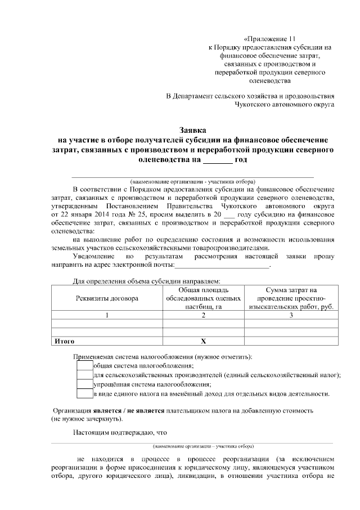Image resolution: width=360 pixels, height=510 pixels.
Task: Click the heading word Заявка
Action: pos(193,129)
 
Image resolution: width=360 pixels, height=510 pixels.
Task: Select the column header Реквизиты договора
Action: pos(106,298)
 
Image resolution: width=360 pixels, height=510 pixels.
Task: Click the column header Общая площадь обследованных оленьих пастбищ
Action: pos(204,298)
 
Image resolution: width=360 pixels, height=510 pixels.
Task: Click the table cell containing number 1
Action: pos(106,315)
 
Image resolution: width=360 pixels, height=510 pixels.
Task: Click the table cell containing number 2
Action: pos(204,315)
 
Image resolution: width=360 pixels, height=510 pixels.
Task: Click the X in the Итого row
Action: pos(204,341)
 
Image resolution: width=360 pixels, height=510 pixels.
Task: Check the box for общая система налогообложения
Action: pos(84,366)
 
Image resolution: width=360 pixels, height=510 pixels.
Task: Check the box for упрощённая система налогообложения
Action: pos(84,384)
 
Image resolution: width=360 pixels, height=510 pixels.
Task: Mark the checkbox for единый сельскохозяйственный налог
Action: pos(84,375)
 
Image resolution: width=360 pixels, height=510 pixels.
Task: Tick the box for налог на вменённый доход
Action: pos(84,393)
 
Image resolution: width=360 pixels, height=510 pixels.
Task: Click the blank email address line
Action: pos(223,264)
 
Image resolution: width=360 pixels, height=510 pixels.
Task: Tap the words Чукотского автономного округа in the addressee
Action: pos(286,104)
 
